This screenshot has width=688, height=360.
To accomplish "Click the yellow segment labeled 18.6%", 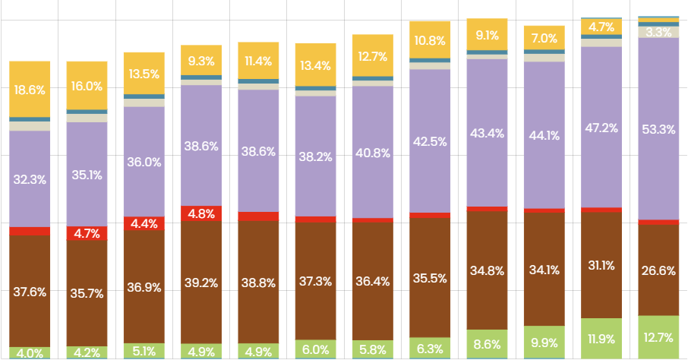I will (30, 90).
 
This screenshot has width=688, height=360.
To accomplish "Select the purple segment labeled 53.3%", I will (658, 128).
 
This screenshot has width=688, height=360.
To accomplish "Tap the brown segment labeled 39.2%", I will (201, 283).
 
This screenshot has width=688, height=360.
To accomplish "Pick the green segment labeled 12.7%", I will (658, 336).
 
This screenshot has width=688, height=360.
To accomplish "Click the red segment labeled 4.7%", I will (87, 233).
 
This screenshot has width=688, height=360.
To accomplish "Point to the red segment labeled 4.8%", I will (201, 213).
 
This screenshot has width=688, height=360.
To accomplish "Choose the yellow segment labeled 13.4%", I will (315, 65).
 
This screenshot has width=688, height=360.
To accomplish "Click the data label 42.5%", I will (430, 141).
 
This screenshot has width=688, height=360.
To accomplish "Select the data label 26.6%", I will (658, 271).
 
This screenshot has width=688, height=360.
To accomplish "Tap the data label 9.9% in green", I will (544, 343).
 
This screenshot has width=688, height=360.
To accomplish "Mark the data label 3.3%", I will (658, 32).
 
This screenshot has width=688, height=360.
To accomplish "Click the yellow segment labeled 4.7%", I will (601, 27).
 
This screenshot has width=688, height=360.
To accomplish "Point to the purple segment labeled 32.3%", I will (30, 179).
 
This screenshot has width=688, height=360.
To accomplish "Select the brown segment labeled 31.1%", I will (601, 265).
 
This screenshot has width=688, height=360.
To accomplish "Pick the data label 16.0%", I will (87, 86).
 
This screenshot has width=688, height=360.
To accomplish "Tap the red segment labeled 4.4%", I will (144, 223).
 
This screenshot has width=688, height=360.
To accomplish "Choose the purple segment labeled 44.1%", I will (544, 136).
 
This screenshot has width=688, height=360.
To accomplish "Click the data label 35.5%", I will (430, 278).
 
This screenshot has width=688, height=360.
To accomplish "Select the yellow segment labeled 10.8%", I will (430, 39).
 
